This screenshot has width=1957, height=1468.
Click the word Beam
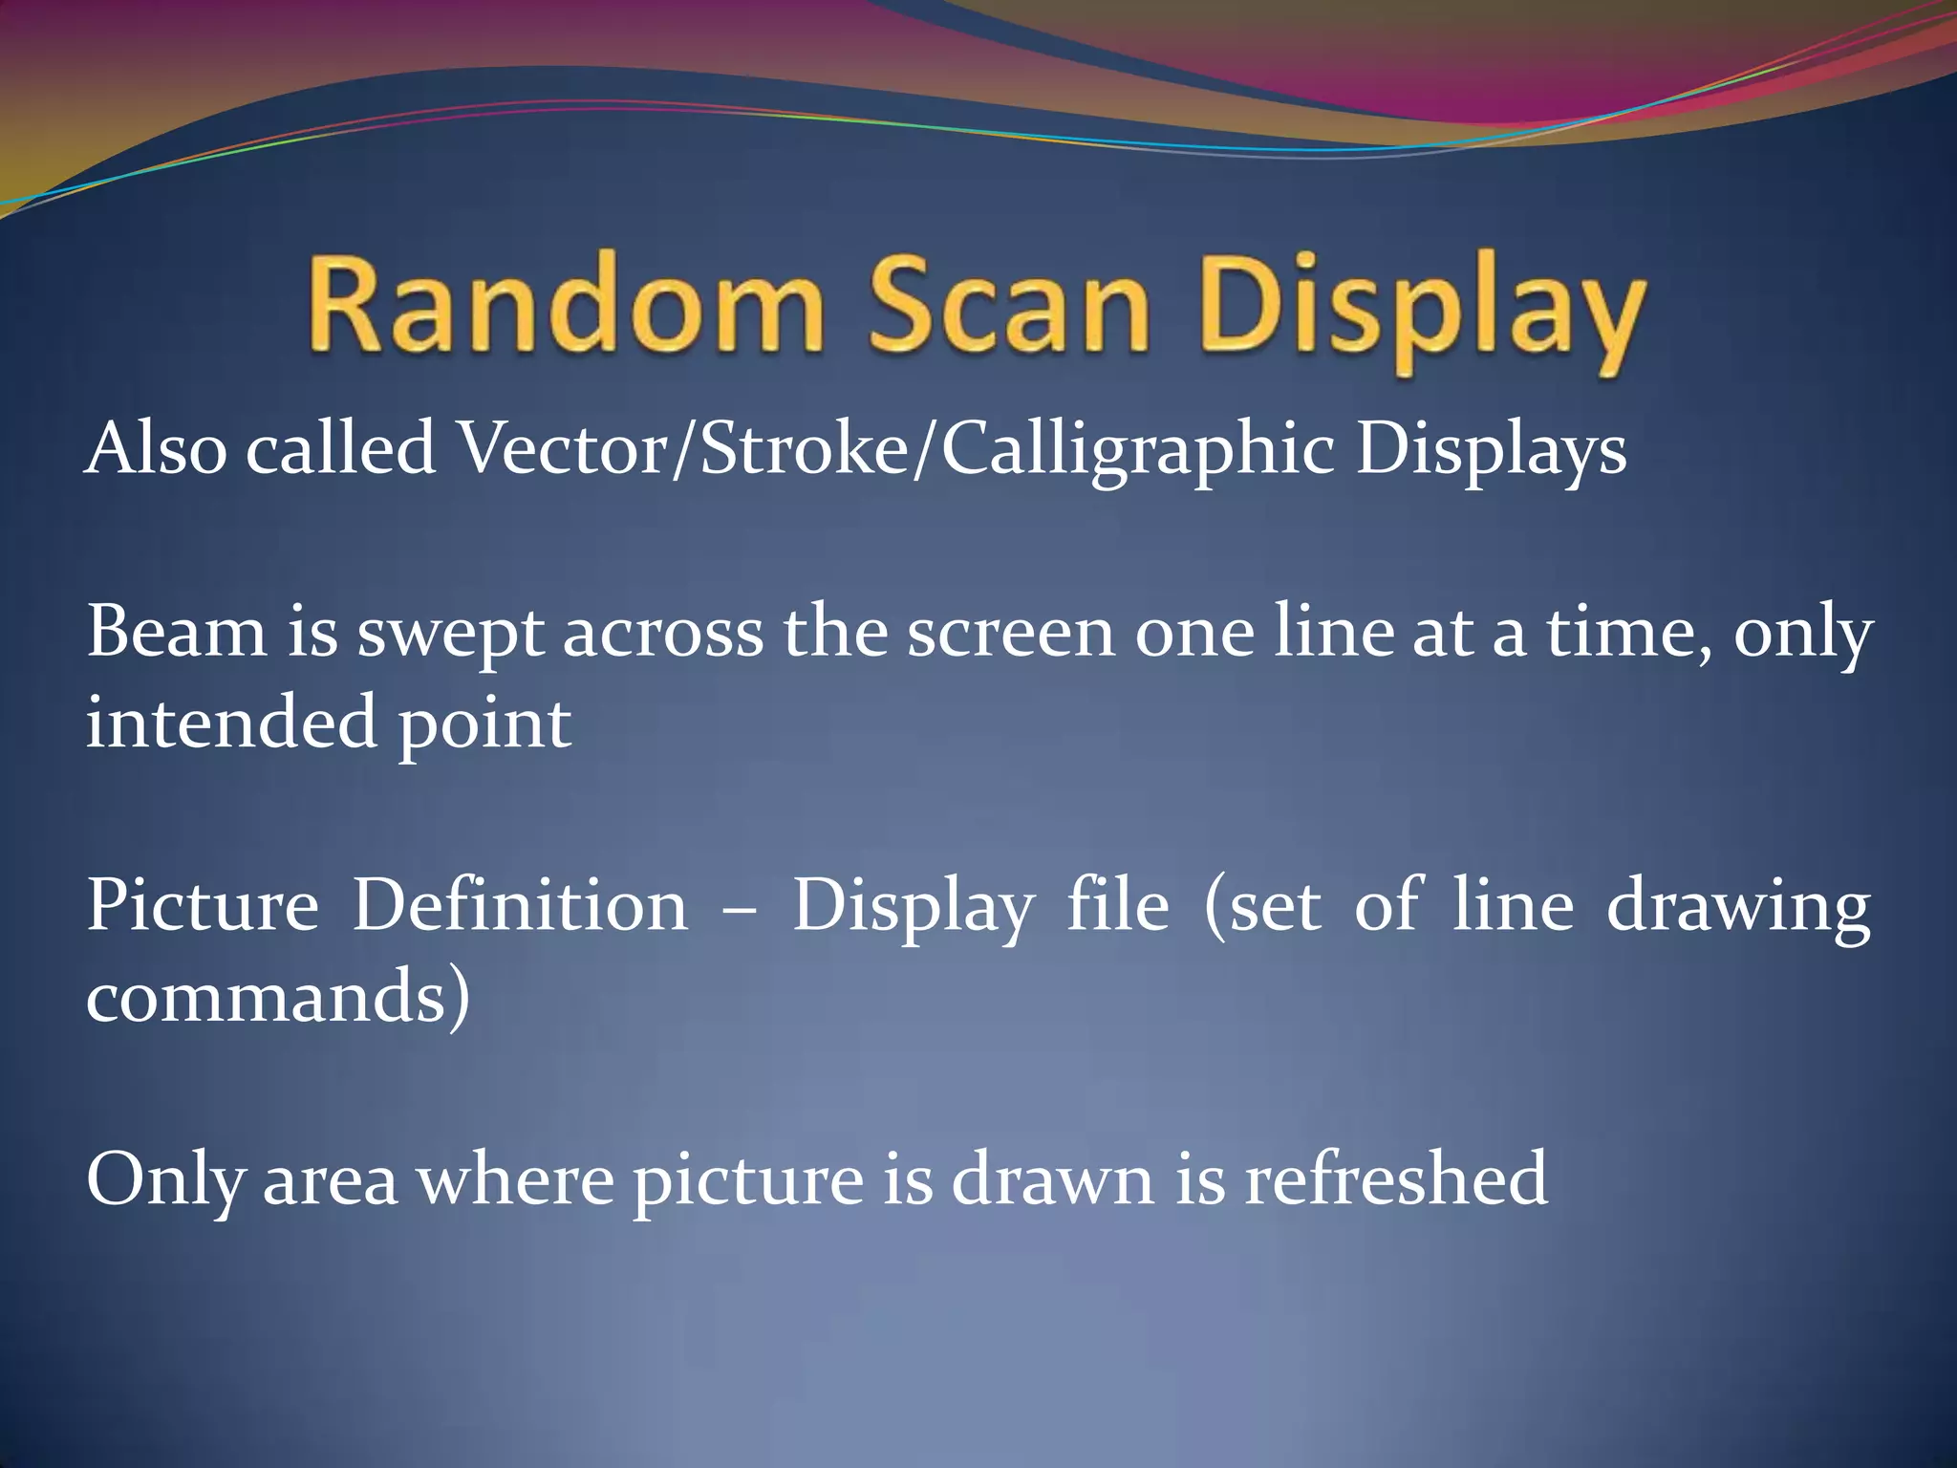178,633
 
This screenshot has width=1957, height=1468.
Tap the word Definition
520,905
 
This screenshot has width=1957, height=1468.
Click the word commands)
278,996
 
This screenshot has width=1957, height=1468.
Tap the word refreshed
1395,1179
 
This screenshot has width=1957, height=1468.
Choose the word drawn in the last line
1052,1179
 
